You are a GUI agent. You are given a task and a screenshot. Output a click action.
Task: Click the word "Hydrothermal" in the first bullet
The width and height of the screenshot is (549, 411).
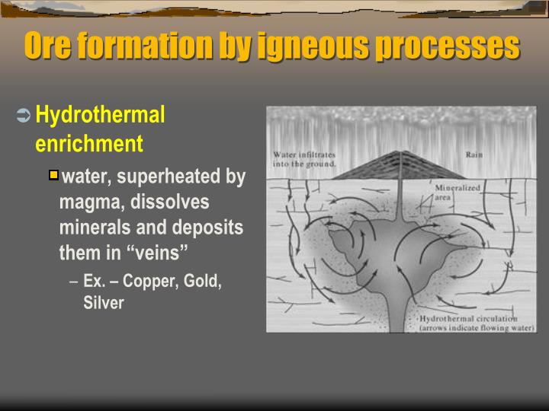(x=100, y=116)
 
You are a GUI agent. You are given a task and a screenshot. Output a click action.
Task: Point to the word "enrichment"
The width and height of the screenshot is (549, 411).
(x=89, y=143)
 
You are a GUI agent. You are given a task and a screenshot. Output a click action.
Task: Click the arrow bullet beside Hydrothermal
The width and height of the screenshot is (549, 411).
(x=23, y=116)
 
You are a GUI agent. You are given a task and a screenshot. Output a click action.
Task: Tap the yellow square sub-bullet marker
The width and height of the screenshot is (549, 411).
(x=53, y=176)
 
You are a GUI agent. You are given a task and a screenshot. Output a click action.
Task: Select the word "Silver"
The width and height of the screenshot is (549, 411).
(x=104, y=302)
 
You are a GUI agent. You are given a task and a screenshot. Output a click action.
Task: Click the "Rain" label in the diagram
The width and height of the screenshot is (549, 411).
(x=474, y=155)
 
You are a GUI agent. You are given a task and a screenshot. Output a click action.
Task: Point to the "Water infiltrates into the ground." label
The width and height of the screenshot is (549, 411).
(x=304, y=159)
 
